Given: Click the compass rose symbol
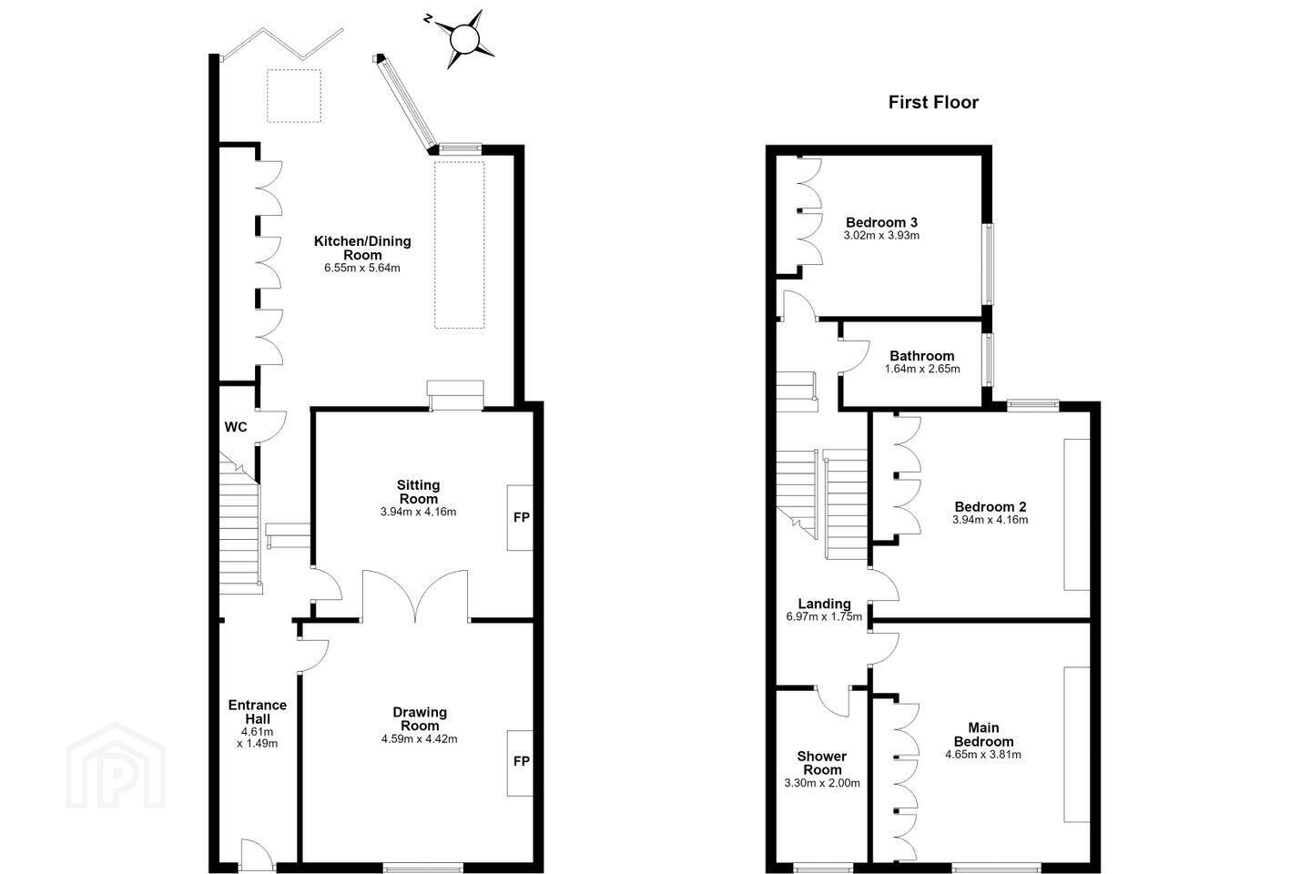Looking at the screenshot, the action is pos(465,39).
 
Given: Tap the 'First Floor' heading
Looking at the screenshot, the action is pos(933,103).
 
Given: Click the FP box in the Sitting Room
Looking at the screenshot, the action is pos(521,517).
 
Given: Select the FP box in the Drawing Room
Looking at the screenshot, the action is pos(521,762).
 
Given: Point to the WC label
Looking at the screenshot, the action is pos(235,427).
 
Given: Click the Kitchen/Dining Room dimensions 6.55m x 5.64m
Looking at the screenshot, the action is pos(362,268).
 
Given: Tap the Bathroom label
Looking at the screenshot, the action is pos(921,356).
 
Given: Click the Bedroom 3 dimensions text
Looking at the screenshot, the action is pos(881,235).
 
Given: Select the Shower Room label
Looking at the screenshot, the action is pos(822,763).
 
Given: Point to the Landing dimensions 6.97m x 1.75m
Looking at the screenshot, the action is pos(824,616).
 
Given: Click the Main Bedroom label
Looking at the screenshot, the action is pos(983,735).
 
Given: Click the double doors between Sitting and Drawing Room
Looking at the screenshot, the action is pos(415,595).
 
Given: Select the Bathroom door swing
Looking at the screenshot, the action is pos(854,356).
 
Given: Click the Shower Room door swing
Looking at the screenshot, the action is pos(832,701).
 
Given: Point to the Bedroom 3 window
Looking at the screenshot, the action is pos(988,264).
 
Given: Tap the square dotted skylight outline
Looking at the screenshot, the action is pos(294,96).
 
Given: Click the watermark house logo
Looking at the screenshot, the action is pos(116,766).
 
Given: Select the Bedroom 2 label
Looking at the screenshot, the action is pos(991,506).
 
